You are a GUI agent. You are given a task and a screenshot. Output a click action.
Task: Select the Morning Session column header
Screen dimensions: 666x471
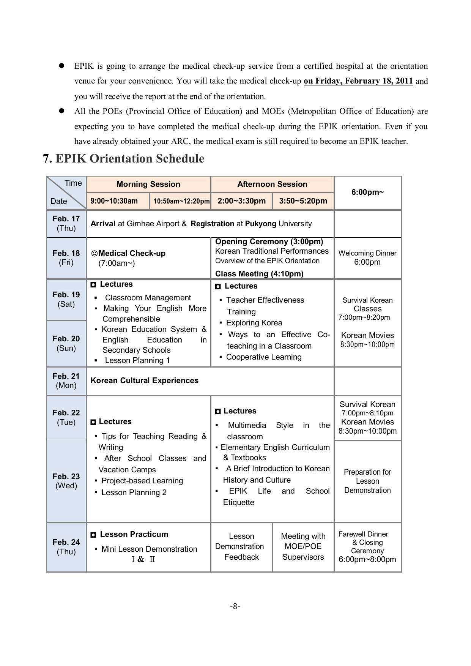148,184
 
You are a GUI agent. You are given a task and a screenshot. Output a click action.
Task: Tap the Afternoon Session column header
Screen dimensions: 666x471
272,184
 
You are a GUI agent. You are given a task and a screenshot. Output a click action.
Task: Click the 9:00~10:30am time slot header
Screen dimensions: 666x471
114,201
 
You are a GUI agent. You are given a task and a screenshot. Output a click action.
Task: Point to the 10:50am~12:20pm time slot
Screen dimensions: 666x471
181,201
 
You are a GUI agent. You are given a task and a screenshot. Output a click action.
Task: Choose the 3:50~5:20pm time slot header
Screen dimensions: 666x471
303,201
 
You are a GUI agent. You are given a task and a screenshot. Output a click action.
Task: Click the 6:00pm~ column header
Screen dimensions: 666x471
367,192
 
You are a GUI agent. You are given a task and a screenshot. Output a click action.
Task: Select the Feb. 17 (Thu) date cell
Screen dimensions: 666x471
66,224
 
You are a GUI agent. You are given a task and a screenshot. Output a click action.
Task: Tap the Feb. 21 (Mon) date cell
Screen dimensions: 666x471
66,381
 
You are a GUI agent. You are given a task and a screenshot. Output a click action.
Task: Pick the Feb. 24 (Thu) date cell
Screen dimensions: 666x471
66,547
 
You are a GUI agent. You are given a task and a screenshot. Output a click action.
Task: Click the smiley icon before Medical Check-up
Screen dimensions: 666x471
95,253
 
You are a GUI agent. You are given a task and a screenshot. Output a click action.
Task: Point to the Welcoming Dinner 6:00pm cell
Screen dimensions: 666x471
367,258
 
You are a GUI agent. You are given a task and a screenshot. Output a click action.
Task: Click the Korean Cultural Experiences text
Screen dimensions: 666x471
145,380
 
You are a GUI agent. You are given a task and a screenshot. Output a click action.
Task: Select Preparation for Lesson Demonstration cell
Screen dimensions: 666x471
367,481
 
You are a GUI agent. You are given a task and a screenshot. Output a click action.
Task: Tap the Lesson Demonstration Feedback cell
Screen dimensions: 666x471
241,546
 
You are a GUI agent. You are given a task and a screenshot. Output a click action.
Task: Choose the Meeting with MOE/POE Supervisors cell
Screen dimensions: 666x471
303,546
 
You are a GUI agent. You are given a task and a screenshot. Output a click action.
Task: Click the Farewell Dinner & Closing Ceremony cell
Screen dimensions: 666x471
367,547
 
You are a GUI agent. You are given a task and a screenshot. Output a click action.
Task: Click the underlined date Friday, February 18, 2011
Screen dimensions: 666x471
358,81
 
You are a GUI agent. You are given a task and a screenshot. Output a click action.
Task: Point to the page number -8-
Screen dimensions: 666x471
235,606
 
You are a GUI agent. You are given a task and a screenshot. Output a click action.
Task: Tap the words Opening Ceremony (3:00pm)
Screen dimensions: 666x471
269,242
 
